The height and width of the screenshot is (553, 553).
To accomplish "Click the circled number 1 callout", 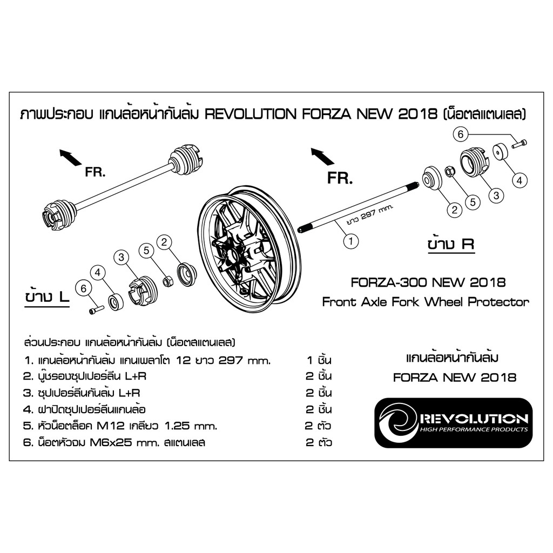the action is pyautogui.click(x=350, y=241).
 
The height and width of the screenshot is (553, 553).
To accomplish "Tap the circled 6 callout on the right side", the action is pyautogui.click(x=461, y=134).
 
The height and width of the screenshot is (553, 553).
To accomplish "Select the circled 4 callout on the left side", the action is pyautogui.click(x=98, y=272).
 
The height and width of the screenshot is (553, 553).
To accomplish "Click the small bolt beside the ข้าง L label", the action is pyautogui.click(x=96, y=310).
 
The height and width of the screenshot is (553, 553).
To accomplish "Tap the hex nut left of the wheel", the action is pyautogui.click(x=167, y=281).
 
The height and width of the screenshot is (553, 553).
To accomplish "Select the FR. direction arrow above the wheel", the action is pyautogui.click(x=322, y=157).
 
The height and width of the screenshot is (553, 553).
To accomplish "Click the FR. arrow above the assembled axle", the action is pyautogui.click(x=71, y=157).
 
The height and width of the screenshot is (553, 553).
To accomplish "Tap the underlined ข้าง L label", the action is pyautogui.click(x=47, y=298).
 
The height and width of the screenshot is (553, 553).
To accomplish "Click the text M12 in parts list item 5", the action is pyautogui.click(x=110, y=426).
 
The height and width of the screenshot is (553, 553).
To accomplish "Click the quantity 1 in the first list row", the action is pyautogui.click(x=310, y=360).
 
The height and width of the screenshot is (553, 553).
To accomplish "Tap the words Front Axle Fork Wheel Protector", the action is pyautogui.click(x=426, y=302).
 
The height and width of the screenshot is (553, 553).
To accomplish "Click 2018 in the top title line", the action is pyautogui.click(x=418, y=114).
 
